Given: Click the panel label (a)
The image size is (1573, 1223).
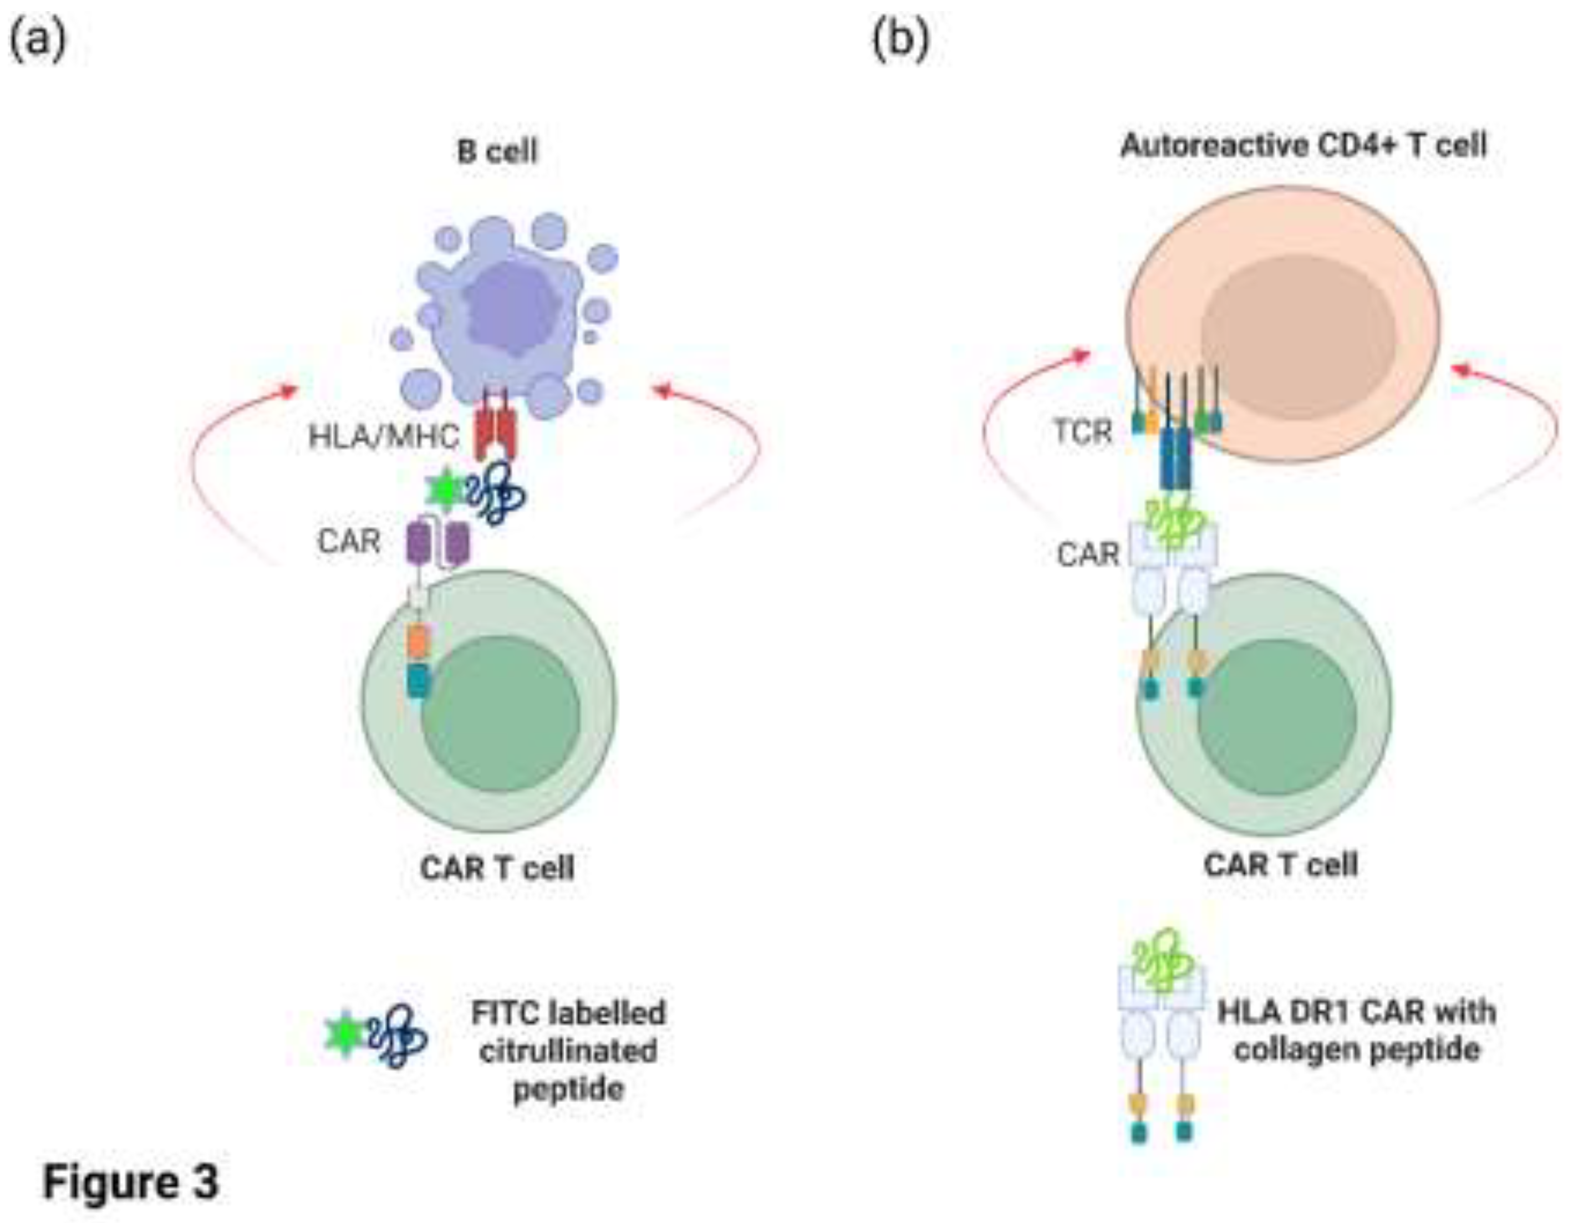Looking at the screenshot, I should click(38, 39).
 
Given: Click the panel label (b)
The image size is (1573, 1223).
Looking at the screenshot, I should click(900, 39).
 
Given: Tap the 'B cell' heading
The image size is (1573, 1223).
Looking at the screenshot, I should click(497, 152).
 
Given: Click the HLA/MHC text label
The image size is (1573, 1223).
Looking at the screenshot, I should click(383, 436).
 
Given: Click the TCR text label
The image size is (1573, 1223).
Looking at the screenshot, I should click(1082, 432).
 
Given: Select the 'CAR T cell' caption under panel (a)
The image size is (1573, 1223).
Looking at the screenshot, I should click(497, 868).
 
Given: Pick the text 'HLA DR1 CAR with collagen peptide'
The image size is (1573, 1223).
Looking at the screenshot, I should click(1356, 1031).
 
